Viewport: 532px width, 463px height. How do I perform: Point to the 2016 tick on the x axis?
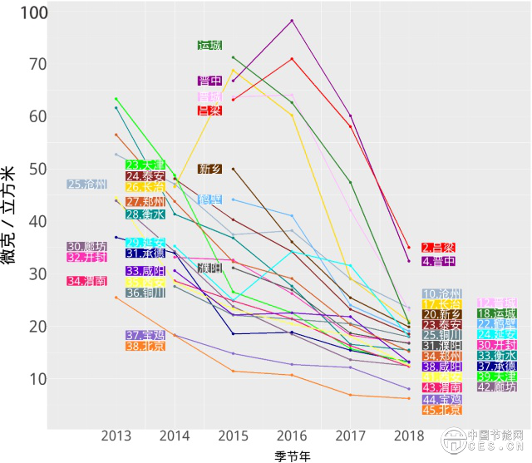click(292, 435)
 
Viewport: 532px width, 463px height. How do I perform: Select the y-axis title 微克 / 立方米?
click(12, 216)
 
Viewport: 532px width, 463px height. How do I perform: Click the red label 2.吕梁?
click(438, 248)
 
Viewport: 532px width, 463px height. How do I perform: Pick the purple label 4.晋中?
click(438, 261)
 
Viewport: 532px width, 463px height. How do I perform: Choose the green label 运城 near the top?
click(209, 46)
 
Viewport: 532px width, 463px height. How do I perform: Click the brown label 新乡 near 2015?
click(209, 169)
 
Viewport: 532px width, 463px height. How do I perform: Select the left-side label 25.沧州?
click(86, 185)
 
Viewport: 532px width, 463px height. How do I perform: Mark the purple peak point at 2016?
click(292, 20)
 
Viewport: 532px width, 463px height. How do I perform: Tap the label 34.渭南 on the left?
click(86, 281)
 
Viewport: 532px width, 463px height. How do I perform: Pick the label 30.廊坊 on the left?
click(86, 247)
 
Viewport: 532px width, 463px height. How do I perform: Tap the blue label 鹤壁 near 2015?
click(209, 199)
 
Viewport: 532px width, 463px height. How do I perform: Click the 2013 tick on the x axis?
click(116, 435)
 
